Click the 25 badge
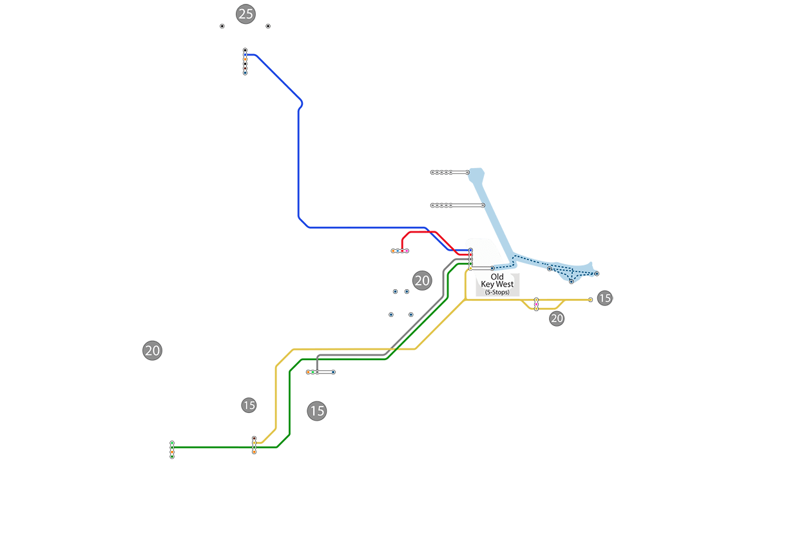point(245,14)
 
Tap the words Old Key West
point(497,280)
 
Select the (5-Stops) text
point(497,292)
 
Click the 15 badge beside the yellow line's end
point(604,298)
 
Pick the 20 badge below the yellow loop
point(557,318)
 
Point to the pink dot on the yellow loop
point(536,300)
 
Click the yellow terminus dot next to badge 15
point(590,300)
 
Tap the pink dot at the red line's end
point(407,251)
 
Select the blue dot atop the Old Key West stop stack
point(470,250)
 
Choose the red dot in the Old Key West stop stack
point(470,255)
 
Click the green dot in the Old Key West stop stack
point(470,263)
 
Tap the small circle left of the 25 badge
point(222,26)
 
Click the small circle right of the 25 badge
point(268,26)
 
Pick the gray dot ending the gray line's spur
point(316,372)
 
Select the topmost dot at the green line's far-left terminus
point(172,443)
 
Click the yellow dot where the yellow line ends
point(254,452)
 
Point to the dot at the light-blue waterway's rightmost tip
point(597,274)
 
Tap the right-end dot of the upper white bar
point(467,172)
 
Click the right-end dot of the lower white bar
point(483,205)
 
